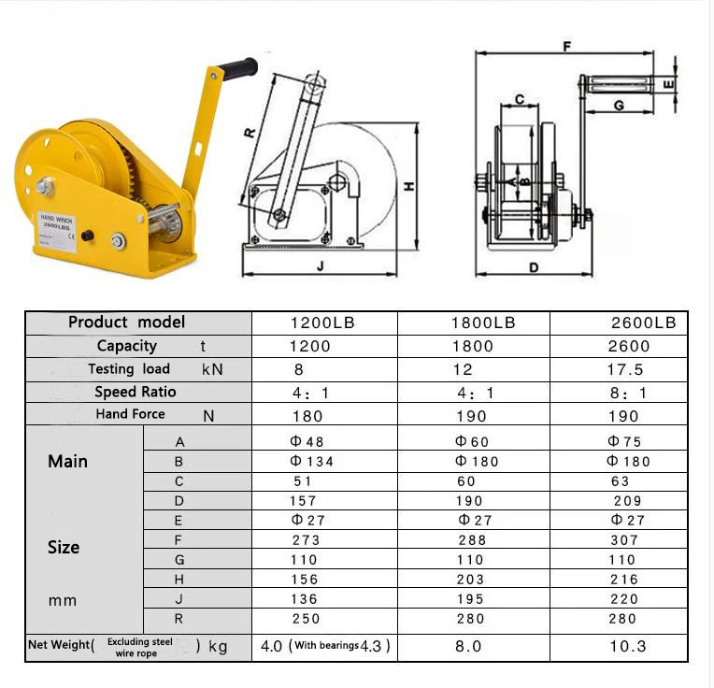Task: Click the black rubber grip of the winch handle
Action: click(x=238, y=68)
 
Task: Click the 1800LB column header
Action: click(x=483, y=322)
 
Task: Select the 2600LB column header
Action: click(x=643, y=322)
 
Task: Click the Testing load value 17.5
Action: click(x=625, y=369)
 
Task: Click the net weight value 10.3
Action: click(x=626, y=646)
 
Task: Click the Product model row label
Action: click(x=127, y=322)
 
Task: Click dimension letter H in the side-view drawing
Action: click(x=408, y=187)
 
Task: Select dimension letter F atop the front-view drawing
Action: click(x=567, y=47)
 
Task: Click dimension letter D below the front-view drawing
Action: click(x=534, y=267)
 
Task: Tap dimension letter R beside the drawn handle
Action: click(x=250, y=132)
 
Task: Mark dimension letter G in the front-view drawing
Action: click(x=619, y=106)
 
